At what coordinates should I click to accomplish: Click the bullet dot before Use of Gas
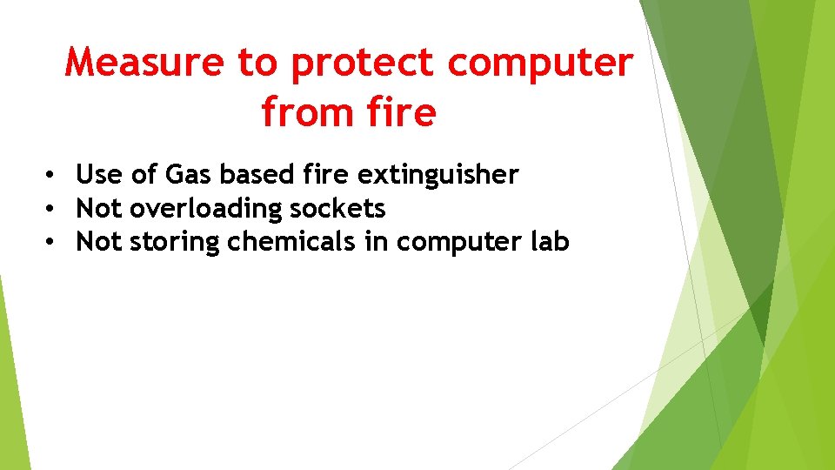click(x=53, y=175)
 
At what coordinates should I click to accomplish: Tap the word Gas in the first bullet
click(x=188, y=175)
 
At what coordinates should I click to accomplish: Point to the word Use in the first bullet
click(x=99, y=175)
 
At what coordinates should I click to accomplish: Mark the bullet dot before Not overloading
click(x=53, y=209)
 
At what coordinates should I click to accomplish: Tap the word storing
click(x=174, y=242)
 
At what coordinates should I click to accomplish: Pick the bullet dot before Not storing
click(x=53, y=242)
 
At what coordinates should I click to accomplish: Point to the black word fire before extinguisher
click(x=327, y=175)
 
